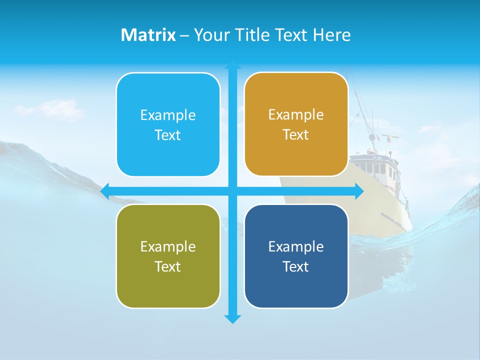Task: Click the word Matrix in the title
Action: click(148, 35)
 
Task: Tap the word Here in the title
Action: click(331, 35)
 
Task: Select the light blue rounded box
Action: click(168, 125)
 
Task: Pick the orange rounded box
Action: click(296, 124)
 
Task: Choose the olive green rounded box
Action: click(168, 256)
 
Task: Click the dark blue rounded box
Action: click(296, 256)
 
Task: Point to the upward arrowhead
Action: click(232, 65)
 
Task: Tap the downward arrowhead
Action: click(232, 319)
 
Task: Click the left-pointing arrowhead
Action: click(105, 191)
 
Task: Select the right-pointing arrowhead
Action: click(359, 191)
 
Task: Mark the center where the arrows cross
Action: click(232, 191)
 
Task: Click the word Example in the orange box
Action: click(296, 114)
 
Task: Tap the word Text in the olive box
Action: click(167, 266)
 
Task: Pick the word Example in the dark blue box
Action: click(296, 246)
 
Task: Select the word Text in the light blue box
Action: click(167, 135)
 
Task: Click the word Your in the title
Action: click(210, 35)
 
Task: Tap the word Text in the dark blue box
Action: click(296, 266)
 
